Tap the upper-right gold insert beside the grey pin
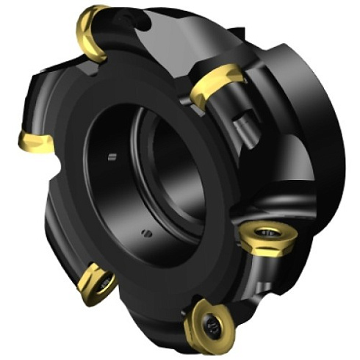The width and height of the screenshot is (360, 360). [x=217, y=82]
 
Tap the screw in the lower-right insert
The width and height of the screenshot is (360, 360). [x=265, y=237]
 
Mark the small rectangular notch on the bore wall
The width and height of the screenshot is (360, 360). [x=111, y=156]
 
